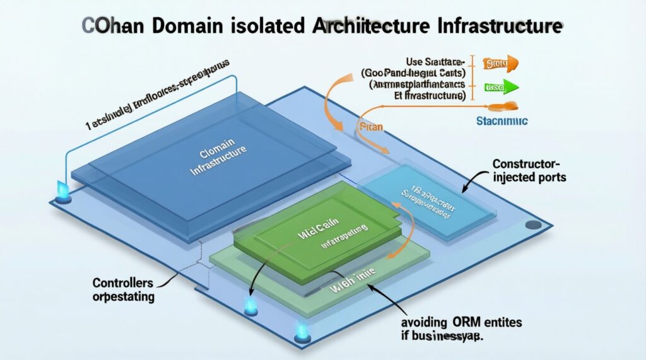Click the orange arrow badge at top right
coord(500,63)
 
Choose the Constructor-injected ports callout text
coord(529,171)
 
